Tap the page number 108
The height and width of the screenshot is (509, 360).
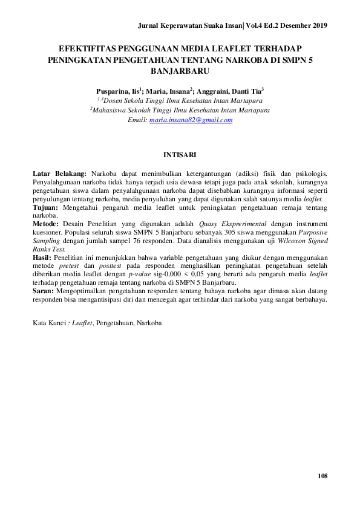[x=322, y=477]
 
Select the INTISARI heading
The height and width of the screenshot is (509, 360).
[x=180, y=155]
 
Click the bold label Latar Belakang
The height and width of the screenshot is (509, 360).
[x=59, y=173]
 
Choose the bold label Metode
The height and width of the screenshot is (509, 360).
[x=45, y=224]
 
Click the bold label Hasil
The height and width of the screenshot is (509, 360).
[x=42, y=258]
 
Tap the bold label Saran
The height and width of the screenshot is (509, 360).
[x=43, y=291]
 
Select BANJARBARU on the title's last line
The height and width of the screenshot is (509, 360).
[x=180, y=70]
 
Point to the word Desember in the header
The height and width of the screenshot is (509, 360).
[x=286, y=25]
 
